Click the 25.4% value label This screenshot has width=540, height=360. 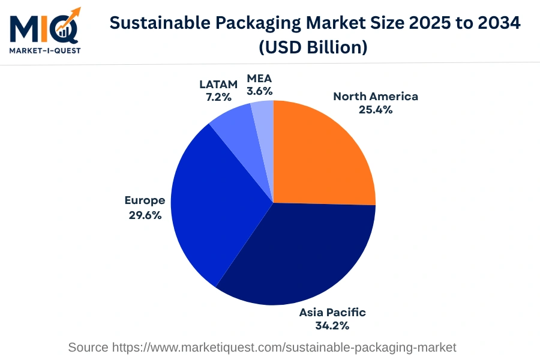tap(376, 110)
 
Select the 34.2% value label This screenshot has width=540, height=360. tap(332, 326)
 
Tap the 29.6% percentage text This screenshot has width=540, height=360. tap(145, 215)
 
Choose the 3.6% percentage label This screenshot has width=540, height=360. tap(259, 91)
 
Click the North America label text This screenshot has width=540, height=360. tap(376, 97)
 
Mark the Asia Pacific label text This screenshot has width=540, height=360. tap(332, 313)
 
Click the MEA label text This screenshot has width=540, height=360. tap(259, 79)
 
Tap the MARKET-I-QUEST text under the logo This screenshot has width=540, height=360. tap(44, 50)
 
